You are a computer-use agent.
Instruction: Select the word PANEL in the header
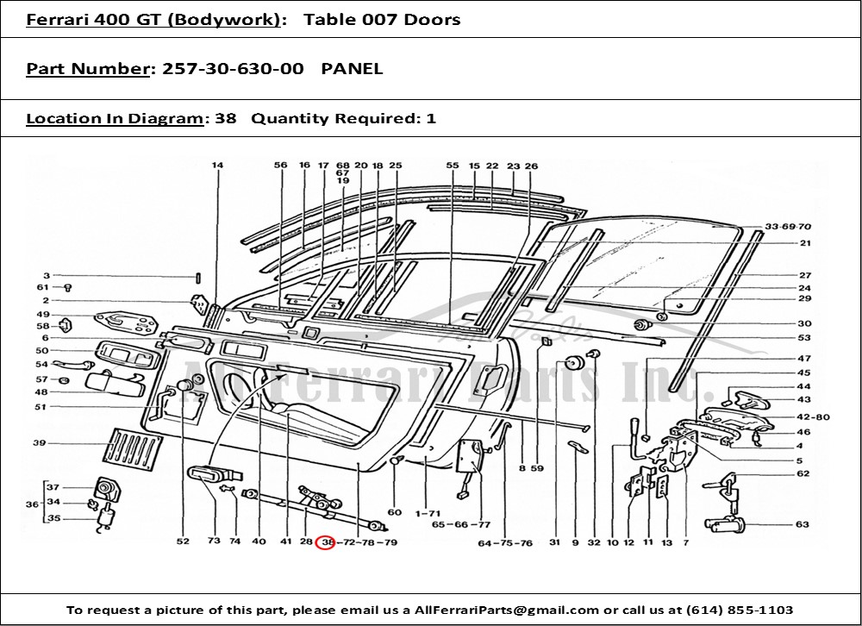pos(352,68)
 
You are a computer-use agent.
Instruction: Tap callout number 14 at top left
pos(216,165)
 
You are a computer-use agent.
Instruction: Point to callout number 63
pos(803,524)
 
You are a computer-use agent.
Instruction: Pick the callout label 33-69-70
pos(788,227)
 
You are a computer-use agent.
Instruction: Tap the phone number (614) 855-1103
pos(742,610)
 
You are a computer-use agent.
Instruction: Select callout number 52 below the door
pos(183,542)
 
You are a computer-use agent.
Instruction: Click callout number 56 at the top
pos(280,165)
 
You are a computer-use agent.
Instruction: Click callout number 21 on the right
pos(804,243)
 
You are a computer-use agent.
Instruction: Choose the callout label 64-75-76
pos(506,542)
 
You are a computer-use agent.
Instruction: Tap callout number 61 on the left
pos(43,287)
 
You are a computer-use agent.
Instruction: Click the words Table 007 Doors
pos(382,19)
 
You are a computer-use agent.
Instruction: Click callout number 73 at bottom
pos(213,542)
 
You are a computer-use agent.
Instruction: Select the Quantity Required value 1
pos(431,118)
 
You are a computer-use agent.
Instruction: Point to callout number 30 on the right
pos(804,323)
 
